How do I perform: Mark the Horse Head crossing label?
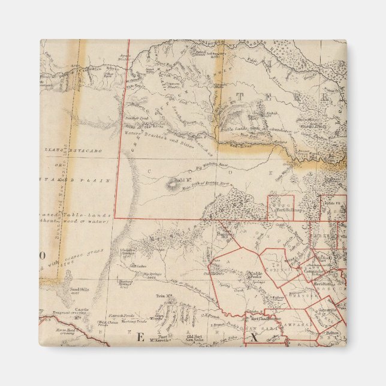[x=65, y=331]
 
